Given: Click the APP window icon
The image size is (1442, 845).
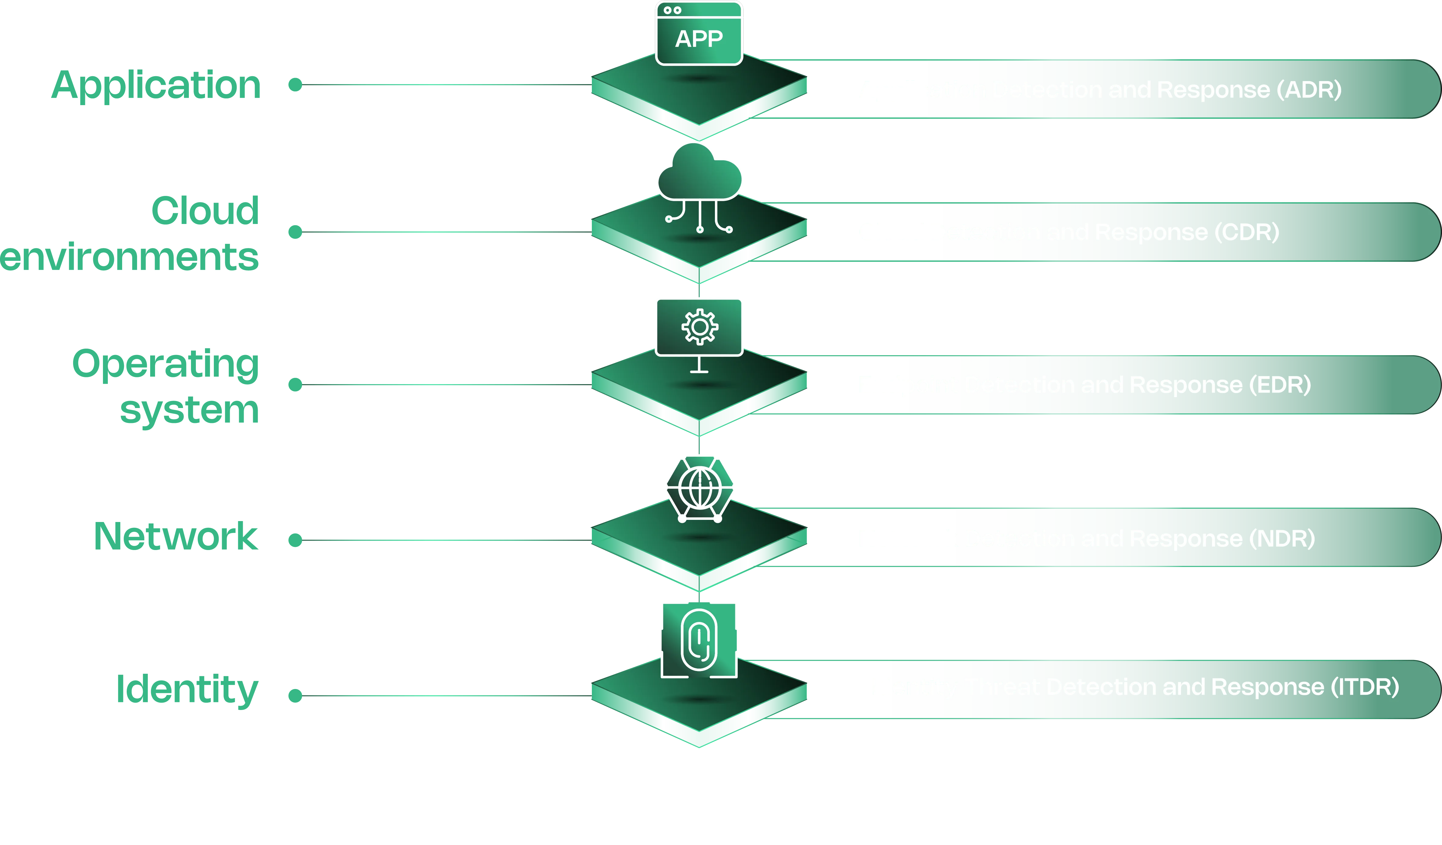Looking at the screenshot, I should tap(699, 33).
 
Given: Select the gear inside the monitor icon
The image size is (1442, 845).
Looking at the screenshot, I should tap(699, 327).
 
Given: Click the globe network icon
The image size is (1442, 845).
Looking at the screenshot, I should tap(699, 488).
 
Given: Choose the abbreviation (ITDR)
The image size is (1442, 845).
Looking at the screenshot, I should tap(1364, 687).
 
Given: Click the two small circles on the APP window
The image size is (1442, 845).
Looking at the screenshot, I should tap(672, 10).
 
